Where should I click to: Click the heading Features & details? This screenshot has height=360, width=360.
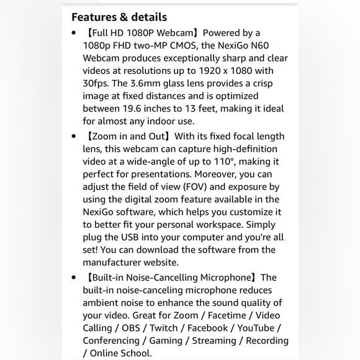pyautogui.click(x=119, y=17)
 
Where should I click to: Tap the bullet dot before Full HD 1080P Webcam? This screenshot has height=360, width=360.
pyautogui.click(x=74, y=32)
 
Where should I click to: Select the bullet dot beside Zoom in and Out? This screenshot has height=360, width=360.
pyautogui.click(x=74, y=136)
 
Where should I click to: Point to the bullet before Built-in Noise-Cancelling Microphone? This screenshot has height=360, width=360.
pyautogui.click(x=74, y=277)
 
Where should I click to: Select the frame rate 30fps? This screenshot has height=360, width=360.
pyautogui.click(x=97, y=83)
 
